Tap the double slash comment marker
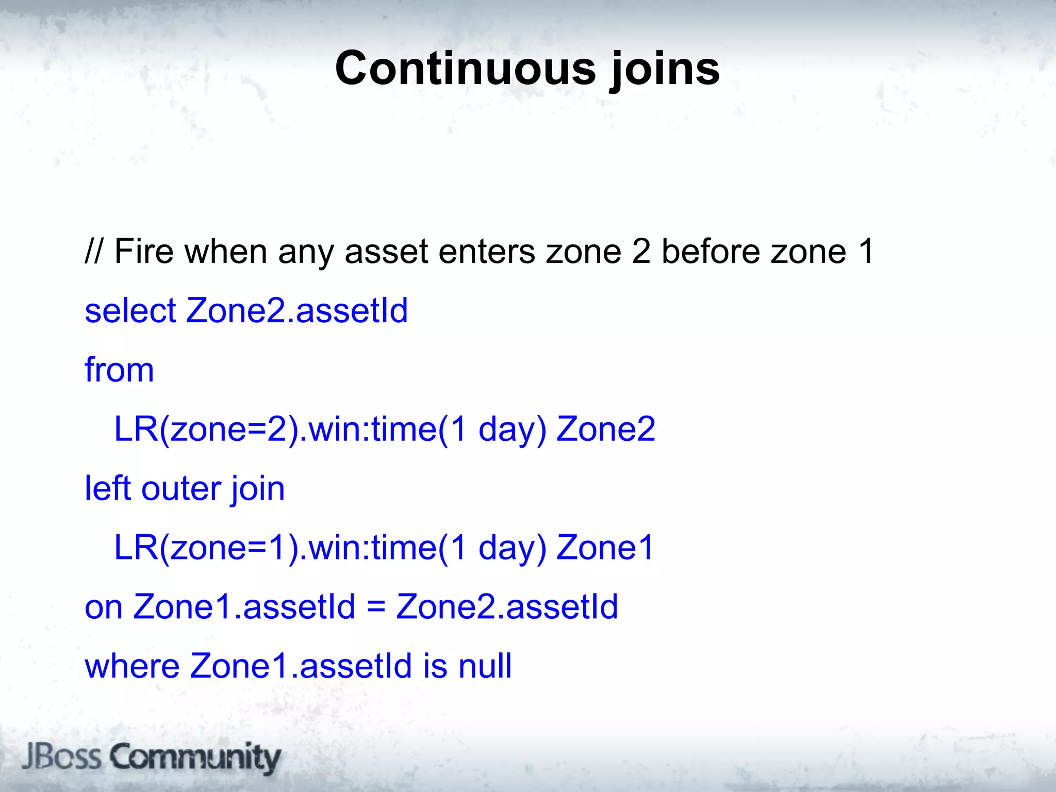pos(93,251)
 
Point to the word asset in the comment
pos(386,252)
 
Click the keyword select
pos(130,311)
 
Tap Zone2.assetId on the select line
pos(297,311)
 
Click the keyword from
pos(119,370)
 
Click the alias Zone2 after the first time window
pos(605,429)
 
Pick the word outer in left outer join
pos(180,489)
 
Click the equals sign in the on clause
pos(376,607)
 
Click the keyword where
pos(132,666)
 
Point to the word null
pos(485,666)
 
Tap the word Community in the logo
pos(196,758)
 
